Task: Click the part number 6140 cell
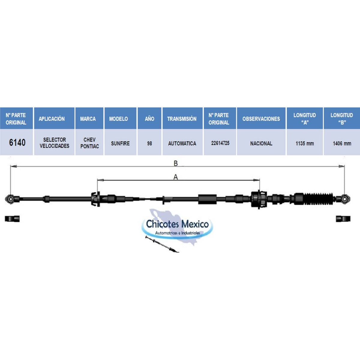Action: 17,143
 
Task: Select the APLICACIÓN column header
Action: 52,119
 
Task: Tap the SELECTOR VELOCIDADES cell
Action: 54,143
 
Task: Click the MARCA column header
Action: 88,119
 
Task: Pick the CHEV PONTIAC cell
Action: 89,143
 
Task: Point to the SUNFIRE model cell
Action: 120,143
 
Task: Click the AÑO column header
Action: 149,119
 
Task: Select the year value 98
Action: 149,143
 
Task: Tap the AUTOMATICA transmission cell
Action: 182,143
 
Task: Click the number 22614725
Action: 220,143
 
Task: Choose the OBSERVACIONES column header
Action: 261,119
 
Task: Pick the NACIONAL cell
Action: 261,143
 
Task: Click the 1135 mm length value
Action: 305,143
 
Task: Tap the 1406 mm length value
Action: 342,143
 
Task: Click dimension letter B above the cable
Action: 175,163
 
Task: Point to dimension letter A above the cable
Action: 175,177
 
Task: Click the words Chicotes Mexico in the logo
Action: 177,224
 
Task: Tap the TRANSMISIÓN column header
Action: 182,119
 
